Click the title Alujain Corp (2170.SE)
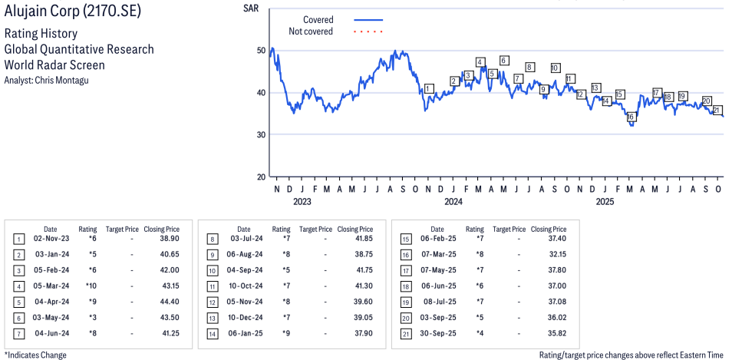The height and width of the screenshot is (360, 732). click(x=72, y=13)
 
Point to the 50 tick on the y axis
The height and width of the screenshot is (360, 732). click(x=261, y=51)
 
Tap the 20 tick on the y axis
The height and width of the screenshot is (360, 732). click(x=261, y=177)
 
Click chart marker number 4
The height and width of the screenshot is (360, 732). click(x=480, y=62)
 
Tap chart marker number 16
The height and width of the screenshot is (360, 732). click(x=631, y=117)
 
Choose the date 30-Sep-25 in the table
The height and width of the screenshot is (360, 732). click(x=440, y=333)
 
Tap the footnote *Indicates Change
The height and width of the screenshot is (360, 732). click(x=35, y=355)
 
